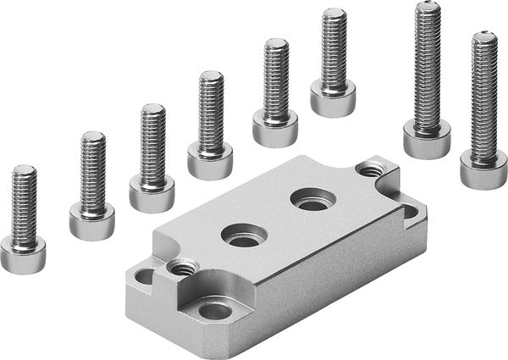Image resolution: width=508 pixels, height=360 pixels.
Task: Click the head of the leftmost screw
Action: tap(23, 252)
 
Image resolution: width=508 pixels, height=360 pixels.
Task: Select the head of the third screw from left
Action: tap(152, 192)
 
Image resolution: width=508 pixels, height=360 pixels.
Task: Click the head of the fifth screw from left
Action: tap(275, 127)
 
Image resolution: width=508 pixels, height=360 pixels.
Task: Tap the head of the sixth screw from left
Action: tap(333, 97)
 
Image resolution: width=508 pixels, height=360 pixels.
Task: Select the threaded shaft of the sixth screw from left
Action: tap(334, 47)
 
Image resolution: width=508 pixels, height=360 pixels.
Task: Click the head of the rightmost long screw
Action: tap(483, 168)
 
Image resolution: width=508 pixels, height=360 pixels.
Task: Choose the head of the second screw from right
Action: tap(426, 138)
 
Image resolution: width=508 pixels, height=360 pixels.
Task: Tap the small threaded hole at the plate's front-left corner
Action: tap(180, 269)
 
